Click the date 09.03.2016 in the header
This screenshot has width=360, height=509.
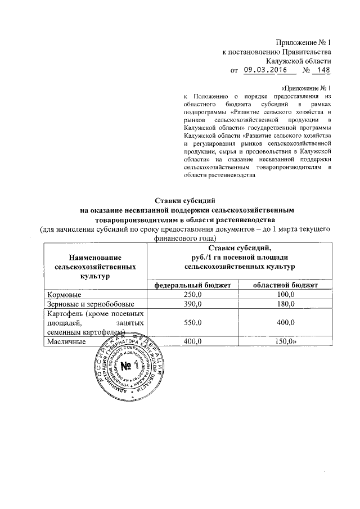click(x=263, y=70)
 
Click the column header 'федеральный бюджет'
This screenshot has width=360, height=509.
click(x=192, y=285)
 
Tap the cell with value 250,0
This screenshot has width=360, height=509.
click(x=192, y=295)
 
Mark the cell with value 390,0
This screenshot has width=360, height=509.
click(x=192, y=304)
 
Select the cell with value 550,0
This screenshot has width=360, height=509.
click(x=192, y=323)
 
